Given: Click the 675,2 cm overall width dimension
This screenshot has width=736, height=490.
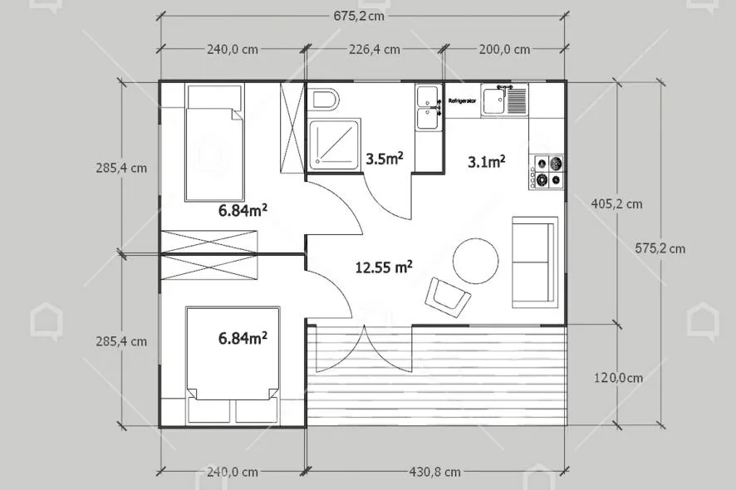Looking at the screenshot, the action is point(359,16).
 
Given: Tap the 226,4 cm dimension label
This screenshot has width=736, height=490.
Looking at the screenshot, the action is point(374,49).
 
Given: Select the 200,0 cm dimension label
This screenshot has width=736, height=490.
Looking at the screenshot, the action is point(504,49).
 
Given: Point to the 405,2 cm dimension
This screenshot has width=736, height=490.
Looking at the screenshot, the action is point(616,203).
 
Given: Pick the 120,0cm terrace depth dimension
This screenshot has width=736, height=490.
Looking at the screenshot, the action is point(618,377).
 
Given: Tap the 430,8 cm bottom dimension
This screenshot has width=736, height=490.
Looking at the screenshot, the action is point(434,472).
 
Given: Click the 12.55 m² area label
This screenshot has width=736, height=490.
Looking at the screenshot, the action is point(384,267).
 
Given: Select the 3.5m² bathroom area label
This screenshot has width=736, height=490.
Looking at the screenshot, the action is point(385,158).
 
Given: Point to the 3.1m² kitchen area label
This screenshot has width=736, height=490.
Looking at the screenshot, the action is point(486,161).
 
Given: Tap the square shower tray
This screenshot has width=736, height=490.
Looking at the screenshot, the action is point(335,144).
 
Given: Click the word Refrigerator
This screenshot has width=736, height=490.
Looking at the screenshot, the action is point(462,101).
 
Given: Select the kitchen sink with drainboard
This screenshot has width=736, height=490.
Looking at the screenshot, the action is point(504,100).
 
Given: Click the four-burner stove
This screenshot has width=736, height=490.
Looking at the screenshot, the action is point(547,172).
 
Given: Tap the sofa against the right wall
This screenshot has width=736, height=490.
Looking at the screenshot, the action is point(535,262).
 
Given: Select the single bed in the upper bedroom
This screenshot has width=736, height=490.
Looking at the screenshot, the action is point(214,143).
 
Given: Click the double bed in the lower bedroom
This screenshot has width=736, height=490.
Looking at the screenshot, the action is point(233,365).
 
